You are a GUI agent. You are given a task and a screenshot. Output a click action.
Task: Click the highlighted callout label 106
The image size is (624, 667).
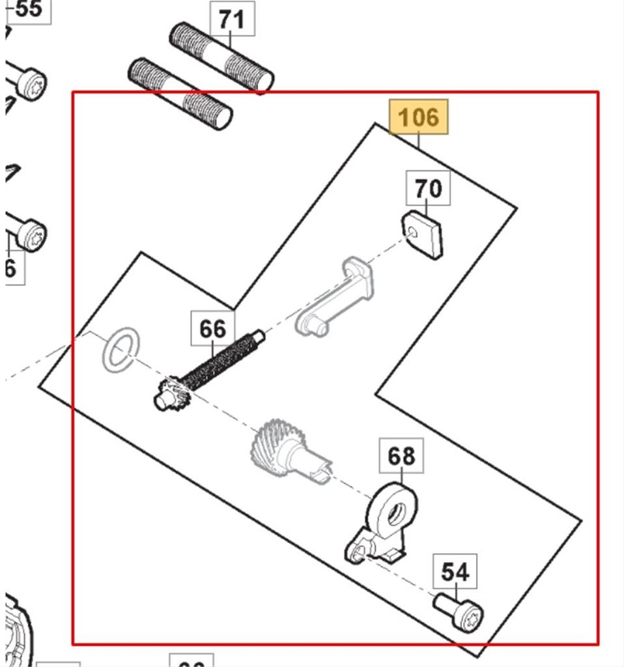[419, 117]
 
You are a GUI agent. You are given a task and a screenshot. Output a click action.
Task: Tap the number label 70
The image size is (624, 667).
[427, 189]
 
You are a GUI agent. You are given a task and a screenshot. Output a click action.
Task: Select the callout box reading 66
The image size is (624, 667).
[212, 329]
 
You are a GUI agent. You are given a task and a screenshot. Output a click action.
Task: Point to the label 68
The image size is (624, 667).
[401, 456]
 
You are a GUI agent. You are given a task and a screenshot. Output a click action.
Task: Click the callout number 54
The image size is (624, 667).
[455, 573]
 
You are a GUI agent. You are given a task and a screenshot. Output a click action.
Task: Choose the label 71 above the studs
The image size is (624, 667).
[232, 20]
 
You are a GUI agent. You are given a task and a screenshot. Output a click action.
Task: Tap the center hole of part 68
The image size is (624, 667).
[393, 515]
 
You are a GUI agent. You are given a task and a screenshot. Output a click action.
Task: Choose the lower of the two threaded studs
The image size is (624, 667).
[180, 94]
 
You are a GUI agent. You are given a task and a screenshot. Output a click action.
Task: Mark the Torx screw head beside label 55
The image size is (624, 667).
[30, 84]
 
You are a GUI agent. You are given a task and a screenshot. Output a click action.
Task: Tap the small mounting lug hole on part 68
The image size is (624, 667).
[355, 555]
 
